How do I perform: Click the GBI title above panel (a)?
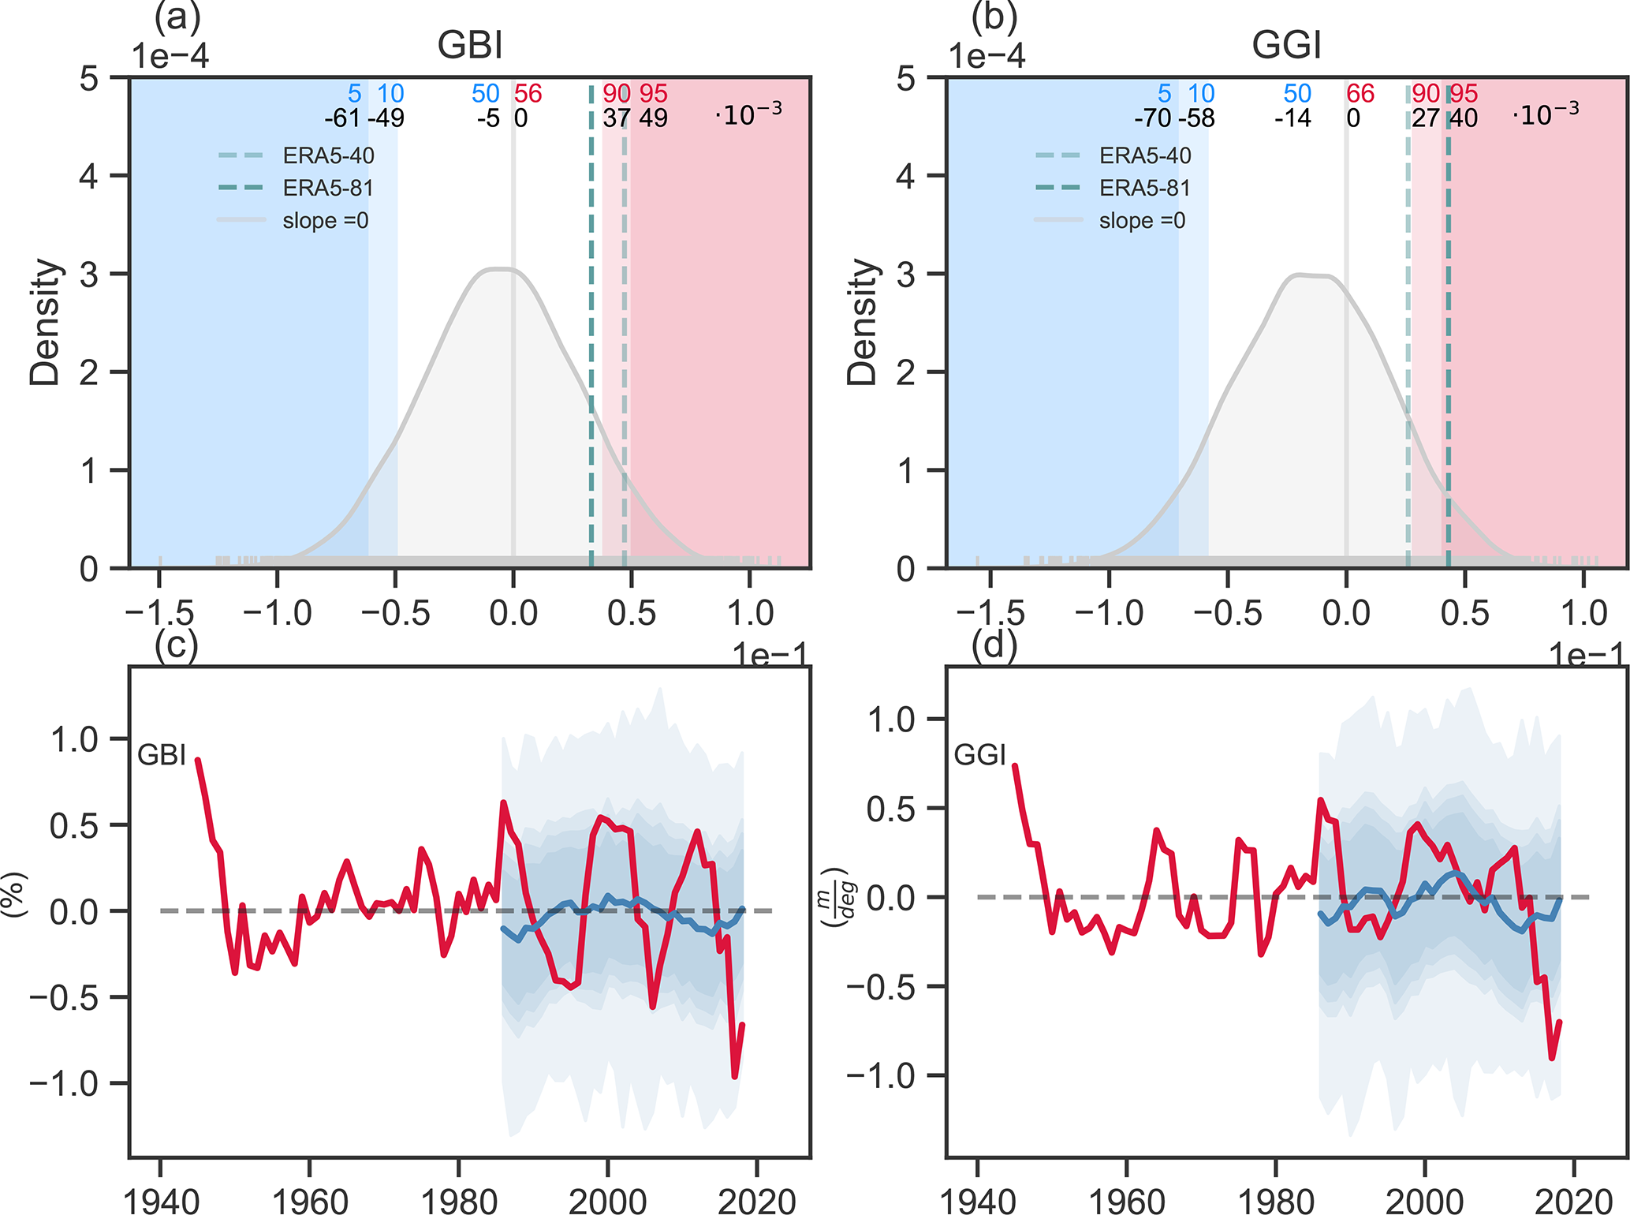pos(470,45)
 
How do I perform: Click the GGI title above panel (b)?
pos(1286,45)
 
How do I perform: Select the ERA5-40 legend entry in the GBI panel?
pos(328,155)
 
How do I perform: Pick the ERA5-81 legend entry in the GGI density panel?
pos(1144,188)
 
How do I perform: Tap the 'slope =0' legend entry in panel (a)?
pos(325,220)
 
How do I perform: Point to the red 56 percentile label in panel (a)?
pos(528,94)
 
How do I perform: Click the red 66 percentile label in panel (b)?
pos(1360,94)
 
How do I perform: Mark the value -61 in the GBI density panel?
pos(342,118)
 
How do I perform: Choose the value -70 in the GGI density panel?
pos(1153,118)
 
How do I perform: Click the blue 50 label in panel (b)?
pos(1297,94)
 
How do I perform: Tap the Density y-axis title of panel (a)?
pos(45,322)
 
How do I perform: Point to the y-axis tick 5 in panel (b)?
pos(906,79)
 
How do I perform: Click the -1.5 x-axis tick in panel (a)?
pos(160,613)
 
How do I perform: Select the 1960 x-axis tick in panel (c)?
pos(310,1199)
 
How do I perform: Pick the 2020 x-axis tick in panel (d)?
pos(1573,1199)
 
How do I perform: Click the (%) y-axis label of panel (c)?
pos(14,894)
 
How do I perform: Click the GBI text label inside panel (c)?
pos(162,755)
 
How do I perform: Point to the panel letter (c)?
pos(176,645)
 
